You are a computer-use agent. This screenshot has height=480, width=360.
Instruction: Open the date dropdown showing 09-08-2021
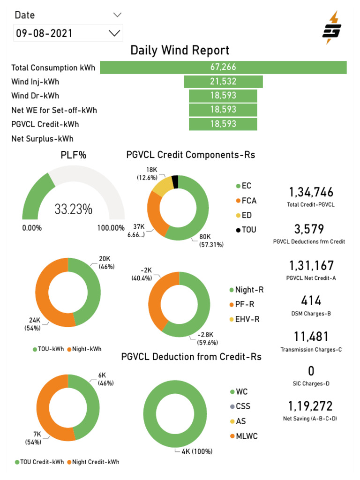tap(68, 33)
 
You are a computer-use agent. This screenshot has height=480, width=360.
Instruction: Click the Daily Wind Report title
tap(180, 50)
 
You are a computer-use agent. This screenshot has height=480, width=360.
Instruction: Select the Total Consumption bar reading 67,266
tap(223, 67)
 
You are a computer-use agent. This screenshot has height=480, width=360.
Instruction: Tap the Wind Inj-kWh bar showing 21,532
tap(223, 82)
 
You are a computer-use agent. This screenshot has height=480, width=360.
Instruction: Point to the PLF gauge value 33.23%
tap(74, 209)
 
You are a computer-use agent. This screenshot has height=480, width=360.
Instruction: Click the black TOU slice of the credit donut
tap(175, 181)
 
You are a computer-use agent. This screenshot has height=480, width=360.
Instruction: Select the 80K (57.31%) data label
tap(211, 241)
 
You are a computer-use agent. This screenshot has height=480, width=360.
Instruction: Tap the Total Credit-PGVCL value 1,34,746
tap(311, 192)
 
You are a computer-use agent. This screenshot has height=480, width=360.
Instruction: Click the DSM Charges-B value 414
tap(311, 300)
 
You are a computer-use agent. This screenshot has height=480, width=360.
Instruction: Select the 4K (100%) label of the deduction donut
tap(197, 451)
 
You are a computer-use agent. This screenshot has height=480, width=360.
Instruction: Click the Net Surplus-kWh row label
tap(42, 139)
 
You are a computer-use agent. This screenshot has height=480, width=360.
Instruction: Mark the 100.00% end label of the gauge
tap(111, 228)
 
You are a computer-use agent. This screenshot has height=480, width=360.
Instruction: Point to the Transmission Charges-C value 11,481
tap(311, 337)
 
